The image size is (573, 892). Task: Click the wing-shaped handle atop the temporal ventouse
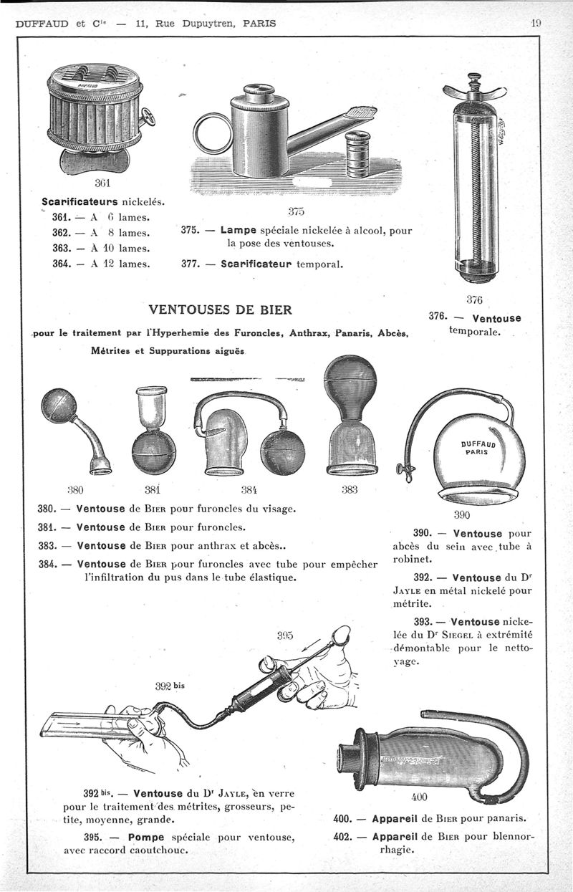473,90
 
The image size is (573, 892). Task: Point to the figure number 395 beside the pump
286,634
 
